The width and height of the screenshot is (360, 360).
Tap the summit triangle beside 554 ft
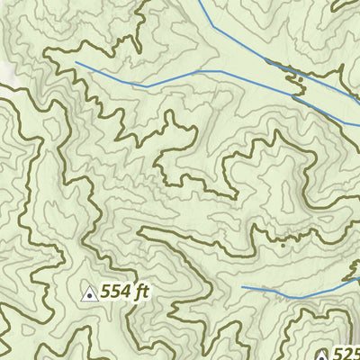pos(90,292)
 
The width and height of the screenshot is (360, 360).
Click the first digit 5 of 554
pos(105,292)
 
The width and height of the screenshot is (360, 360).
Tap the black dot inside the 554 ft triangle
pos(90,294)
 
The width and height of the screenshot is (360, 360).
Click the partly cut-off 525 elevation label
pos(346,354)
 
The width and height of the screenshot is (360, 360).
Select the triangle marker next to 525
pos(321,355)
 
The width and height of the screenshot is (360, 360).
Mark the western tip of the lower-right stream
pos(242,286)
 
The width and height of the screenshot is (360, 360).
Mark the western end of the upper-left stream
pos(76,63)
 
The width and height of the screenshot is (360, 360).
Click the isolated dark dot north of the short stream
pos(282,245)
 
